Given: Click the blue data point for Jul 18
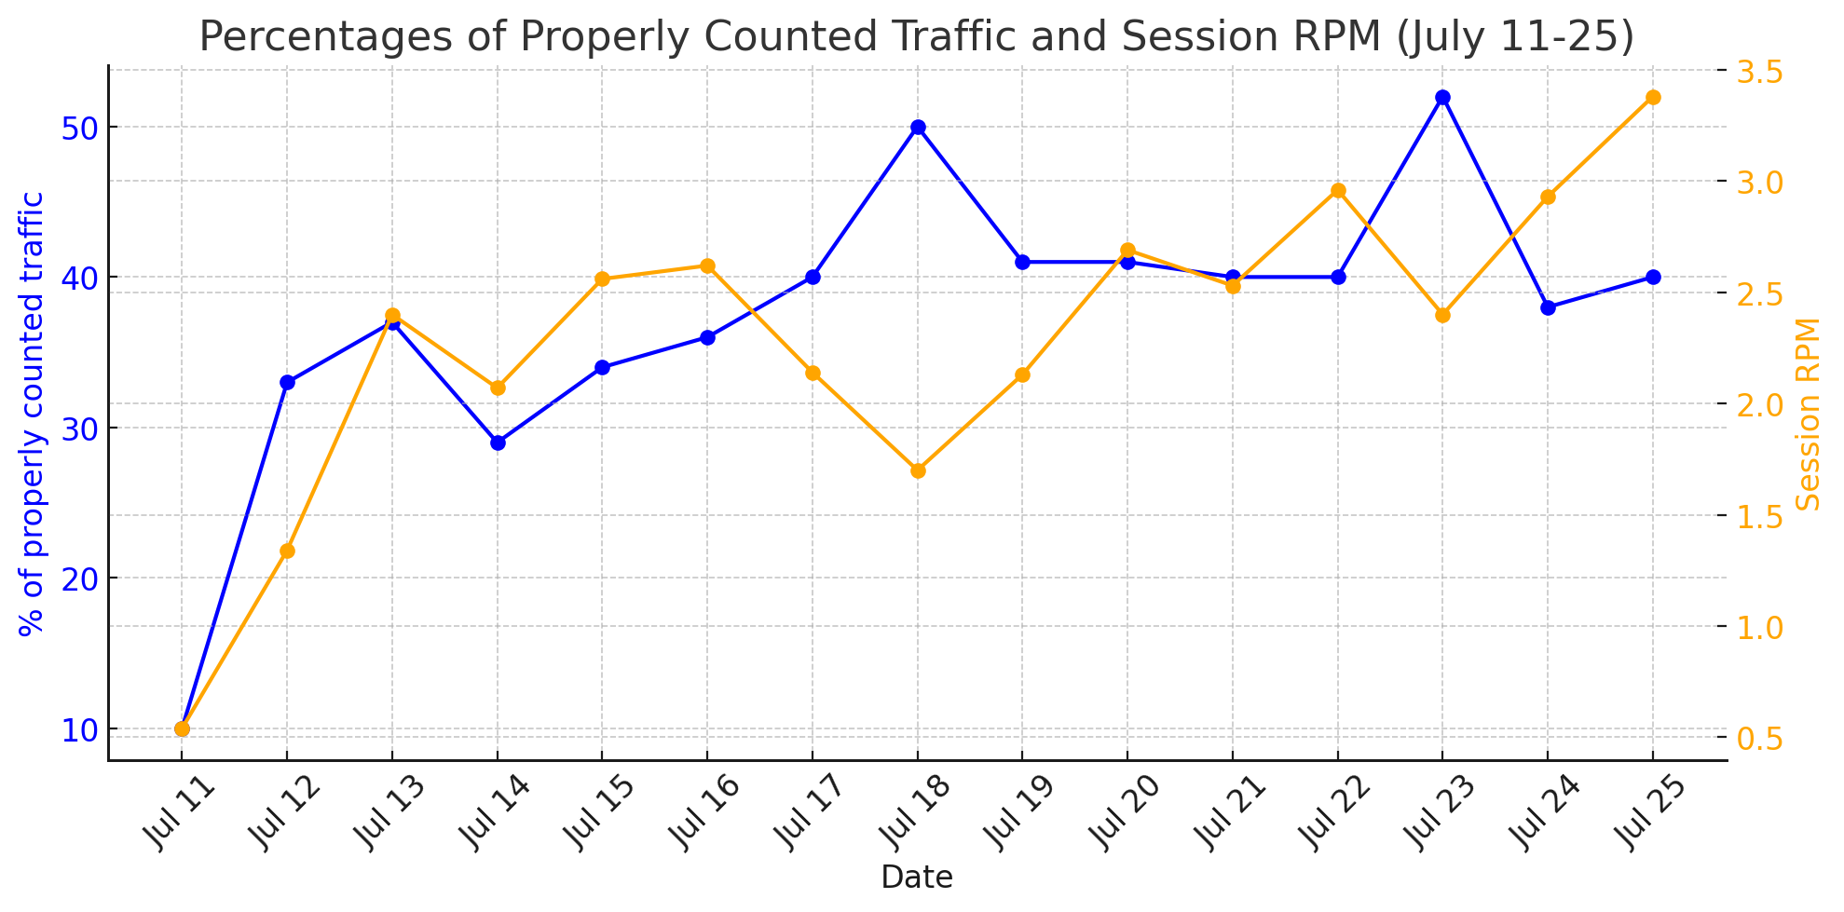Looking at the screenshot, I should pos(918,128).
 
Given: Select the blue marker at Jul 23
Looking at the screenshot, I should pos(1443,98).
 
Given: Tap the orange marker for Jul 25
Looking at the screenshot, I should pos(1653,98).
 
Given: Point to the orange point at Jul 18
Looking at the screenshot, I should pos(918,470).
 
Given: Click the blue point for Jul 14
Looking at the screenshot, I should pos(498,442).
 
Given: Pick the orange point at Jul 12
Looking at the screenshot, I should pos(287,551).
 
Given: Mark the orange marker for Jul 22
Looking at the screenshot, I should pos(1338,191).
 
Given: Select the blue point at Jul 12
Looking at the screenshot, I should pos(287,382).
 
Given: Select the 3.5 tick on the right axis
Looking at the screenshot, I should pos(1757,71).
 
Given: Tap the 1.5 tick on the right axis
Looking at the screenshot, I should pos(1757,516).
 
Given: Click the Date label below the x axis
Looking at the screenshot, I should pos(917,878).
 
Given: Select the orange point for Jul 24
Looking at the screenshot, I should pos(1549,197).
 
